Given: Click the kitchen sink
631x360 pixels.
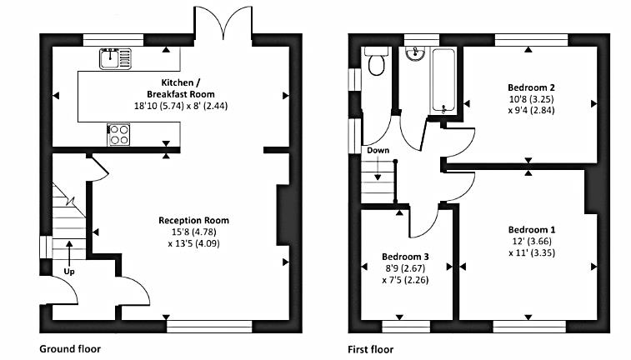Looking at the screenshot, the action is coord(116,58).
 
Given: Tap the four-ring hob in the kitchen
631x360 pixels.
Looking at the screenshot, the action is coord(118,134).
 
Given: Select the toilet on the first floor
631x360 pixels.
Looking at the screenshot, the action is coord(376,62).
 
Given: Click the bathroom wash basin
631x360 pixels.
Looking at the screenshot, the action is coord(415,53).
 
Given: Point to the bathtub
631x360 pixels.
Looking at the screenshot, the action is coord(443,81).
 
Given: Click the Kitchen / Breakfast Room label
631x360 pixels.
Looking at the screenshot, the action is coord(181,88).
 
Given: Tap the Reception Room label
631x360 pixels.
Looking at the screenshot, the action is coord(193,221).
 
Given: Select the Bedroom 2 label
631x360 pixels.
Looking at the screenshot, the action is coord(531,87).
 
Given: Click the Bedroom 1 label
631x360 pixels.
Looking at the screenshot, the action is coord(532,230).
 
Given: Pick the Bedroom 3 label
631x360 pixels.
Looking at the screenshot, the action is coord(405,257).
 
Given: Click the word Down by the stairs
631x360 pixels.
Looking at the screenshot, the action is coord(378,151).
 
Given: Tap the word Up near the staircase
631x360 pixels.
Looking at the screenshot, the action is coord(69,272).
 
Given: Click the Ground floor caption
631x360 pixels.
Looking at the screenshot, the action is coord(70,348).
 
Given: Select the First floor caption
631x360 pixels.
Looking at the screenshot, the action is coord(371,349).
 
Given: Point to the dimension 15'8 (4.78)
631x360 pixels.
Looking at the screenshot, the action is coord(193,232).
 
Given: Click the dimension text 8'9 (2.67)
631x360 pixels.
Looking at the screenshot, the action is coord(405,268).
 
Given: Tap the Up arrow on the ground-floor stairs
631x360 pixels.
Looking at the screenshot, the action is coord(69,252).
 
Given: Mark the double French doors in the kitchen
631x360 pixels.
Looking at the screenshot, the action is coord(223,22).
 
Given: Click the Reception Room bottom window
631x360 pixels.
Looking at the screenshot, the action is coord(209,326).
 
